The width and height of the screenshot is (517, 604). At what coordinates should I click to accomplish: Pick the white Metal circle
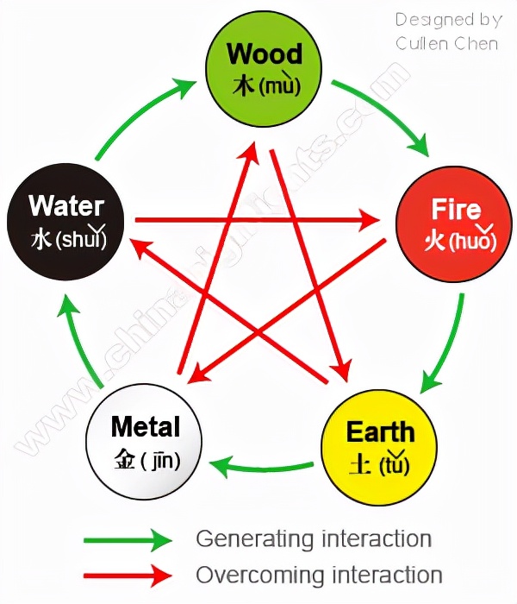tap(145, 442)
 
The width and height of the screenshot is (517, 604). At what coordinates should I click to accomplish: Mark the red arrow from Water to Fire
tap(258, 221)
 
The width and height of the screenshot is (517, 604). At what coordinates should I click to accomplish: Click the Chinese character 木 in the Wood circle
tap(244, 86)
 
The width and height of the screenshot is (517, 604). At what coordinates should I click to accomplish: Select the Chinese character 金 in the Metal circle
tap(124, 460)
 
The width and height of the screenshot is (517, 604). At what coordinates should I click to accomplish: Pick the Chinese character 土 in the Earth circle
tap(360, 464)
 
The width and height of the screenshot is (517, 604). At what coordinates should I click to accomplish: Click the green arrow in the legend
tap(129, 541)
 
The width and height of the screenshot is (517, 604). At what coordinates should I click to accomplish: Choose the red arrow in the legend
tap(129, 575)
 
